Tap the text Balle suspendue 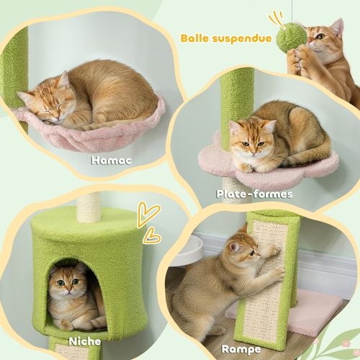click(226, 37)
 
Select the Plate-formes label click(254, 194)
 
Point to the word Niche click(86, 341)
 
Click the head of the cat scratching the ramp click(243, 253)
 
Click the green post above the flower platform click(237, 101)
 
